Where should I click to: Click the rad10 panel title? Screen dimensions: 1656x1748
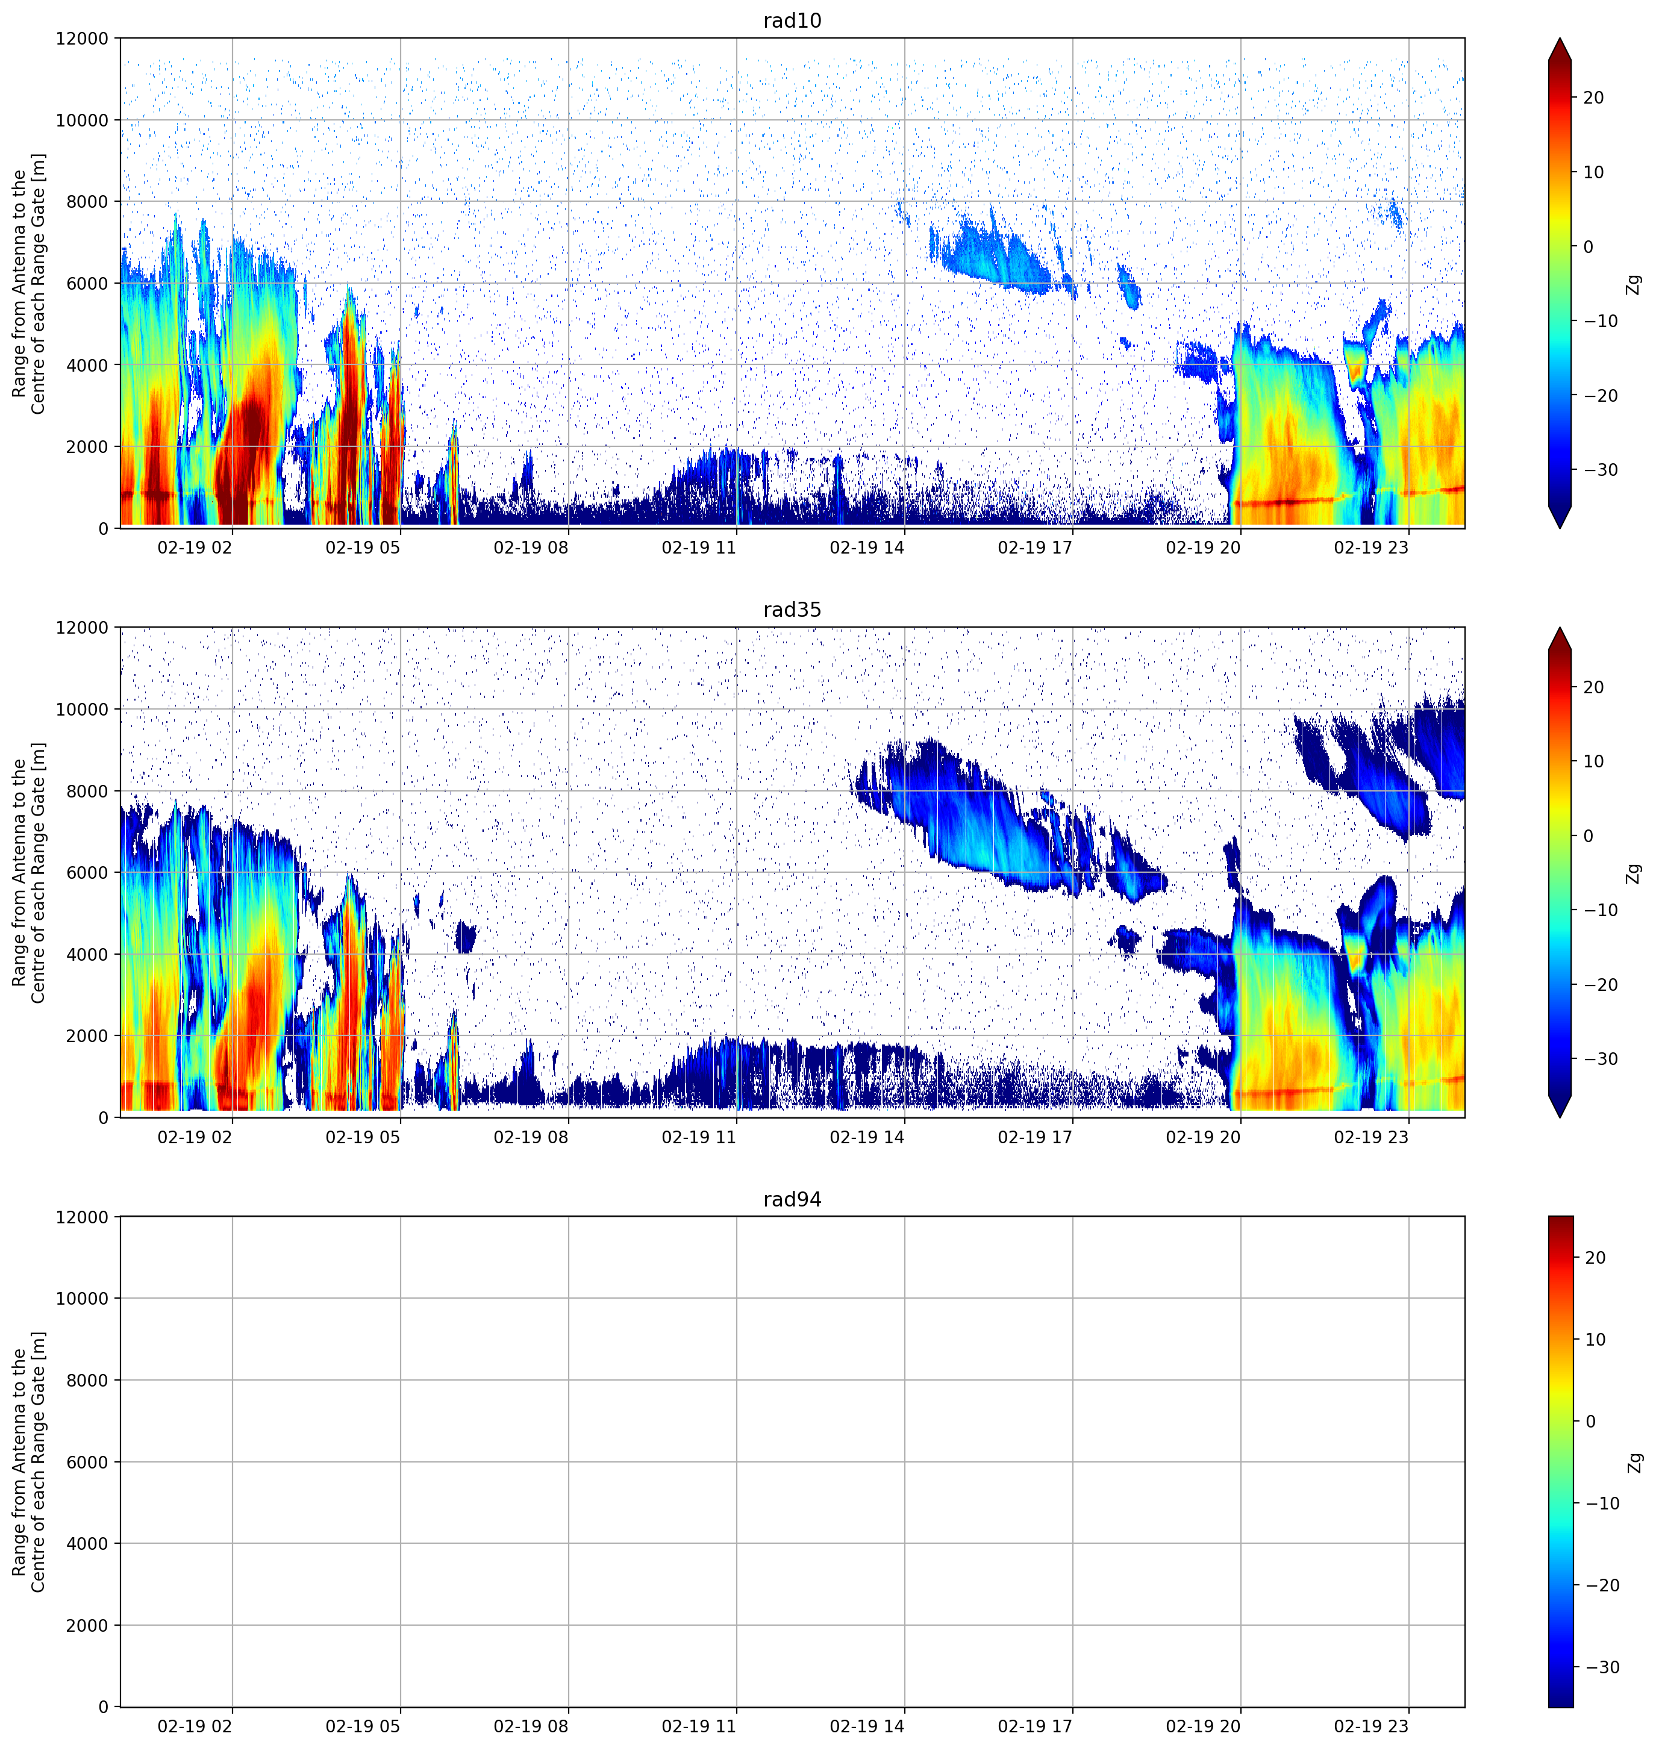(792, 20)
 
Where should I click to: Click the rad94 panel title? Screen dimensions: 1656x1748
(792, 1199)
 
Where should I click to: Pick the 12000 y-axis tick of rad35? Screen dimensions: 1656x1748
(82, 628)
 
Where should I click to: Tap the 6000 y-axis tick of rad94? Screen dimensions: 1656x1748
(87, 1462)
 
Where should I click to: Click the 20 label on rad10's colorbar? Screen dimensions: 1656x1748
(1593, 98)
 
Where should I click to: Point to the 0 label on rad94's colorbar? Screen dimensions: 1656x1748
(1591, 1422)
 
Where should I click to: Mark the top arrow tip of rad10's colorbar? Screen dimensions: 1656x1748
(1560, 39)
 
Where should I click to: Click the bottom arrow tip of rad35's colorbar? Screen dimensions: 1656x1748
(1560, 1117)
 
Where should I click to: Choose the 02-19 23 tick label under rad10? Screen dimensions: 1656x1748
(1371, 548)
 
